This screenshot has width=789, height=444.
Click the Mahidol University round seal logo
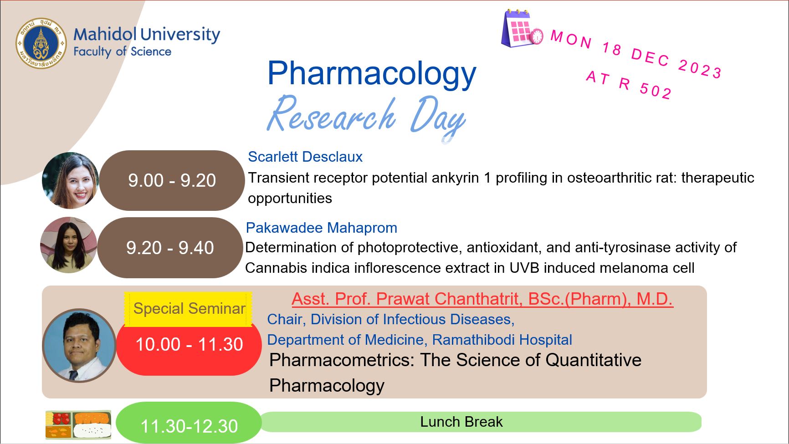41,44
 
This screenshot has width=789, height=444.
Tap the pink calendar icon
522,28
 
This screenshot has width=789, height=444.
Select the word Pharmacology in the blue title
372,74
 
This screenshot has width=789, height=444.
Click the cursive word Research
331,114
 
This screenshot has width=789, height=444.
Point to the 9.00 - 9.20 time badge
172,180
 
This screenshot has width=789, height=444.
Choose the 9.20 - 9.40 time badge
170,248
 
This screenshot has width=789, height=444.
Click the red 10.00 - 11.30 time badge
189,345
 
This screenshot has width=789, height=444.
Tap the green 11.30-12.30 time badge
189,424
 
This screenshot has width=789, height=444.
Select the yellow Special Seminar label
189,309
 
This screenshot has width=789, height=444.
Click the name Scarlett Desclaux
305,157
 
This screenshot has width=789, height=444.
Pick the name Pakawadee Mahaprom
322,228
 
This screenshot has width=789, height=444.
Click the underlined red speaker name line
482,299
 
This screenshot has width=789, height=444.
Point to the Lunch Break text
461,422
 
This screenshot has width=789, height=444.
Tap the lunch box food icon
78,425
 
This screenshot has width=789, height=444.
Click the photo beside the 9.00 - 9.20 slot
71,181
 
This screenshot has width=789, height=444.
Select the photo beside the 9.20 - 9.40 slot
69,245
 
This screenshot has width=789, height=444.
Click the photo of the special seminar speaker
79,346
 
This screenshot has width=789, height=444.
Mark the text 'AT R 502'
629,85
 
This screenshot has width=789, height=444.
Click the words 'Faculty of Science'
122,52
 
